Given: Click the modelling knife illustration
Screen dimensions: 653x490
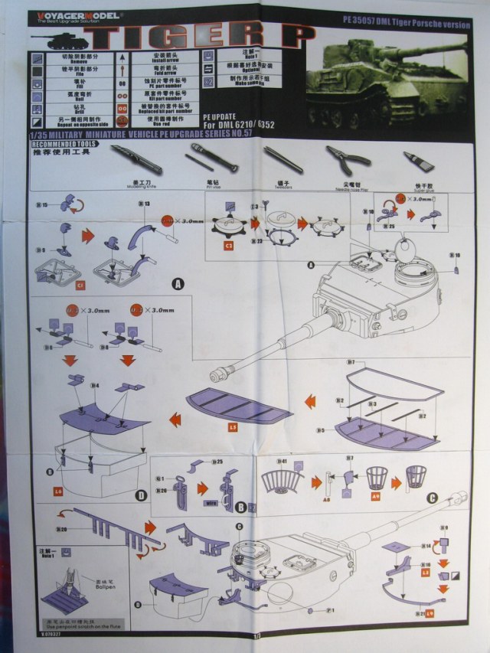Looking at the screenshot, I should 136,158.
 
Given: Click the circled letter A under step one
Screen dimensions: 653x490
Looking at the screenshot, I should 178,283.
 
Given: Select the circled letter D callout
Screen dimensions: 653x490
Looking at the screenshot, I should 141,495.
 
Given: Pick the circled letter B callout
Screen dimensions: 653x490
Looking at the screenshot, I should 240,507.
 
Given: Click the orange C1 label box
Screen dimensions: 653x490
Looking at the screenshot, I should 80,286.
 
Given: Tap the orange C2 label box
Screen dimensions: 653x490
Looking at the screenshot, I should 228,246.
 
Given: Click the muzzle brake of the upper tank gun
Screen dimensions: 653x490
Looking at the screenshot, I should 219,374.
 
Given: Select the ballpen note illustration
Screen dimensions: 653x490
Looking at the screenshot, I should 67,582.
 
